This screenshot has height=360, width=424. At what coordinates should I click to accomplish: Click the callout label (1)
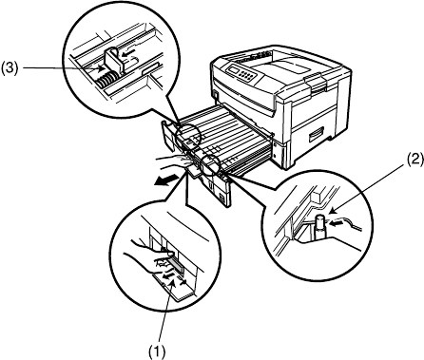[x=158, y=351]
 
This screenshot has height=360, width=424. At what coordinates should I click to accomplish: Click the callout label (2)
[x=414, y=159]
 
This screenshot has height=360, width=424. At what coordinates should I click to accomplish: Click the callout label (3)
[x=10, y=68]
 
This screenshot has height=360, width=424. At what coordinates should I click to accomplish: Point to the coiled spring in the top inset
[x=106, y=80]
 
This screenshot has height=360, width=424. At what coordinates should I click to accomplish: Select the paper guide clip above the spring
[x=113, y=61]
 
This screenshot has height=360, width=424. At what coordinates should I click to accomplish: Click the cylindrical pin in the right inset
[x=320, y=226]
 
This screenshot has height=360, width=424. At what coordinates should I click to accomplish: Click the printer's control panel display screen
[x=235, y=68]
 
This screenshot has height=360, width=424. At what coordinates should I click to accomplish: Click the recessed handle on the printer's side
[x=317, y=134]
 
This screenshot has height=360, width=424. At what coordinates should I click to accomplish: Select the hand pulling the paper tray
[x=173, y=162]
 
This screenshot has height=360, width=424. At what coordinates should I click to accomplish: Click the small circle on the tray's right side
[x=210, y=165]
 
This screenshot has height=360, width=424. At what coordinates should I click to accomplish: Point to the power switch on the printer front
[x=216, y=95]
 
